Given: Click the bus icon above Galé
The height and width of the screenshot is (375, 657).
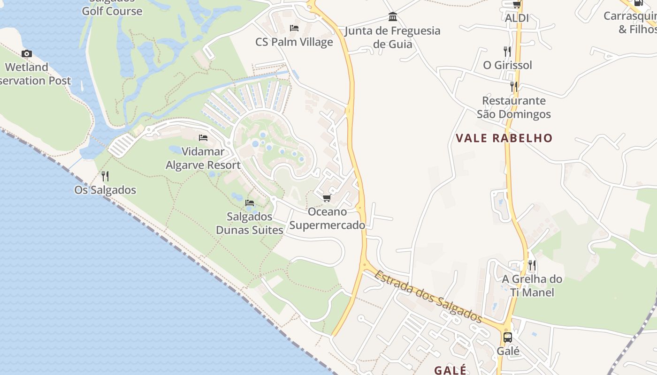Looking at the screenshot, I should (508, 337).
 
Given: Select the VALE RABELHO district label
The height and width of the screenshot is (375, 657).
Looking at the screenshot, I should (504, 138).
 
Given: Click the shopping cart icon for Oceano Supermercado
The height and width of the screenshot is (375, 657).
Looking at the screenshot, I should (327, 198).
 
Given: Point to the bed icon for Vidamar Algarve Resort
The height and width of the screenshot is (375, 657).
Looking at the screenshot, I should (203, 137).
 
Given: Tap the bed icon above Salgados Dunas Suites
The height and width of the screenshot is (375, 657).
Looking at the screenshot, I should (250, 203).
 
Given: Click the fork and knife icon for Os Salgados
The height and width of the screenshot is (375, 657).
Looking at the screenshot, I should (105, 176).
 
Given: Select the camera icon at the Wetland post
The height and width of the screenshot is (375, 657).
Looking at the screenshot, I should (27, 53).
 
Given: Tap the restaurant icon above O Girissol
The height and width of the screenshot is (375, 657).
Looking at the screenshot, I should (507, 51).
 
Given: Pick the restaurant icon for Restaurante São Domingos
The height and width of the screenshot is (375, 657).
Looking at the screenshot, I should (514, 87).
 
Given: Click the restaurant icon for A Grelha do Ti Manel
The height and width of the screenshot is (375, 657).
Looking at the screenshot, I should (532, 265).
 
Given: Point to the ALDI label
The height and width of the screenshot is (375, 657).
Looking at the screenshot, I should (517, 18).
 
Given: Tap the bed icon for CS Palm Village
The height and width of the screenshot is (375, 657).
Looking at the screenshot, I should (294, 28).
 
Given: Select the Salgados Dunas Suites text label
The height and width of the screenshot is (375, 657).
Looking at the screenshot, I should (250, 223).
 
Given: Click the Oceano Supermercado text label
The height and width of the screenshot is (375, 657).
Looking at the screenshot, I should (327, 218).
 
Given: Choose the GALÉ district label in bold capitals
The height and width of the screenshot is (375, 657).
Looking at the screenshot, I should (450, 370).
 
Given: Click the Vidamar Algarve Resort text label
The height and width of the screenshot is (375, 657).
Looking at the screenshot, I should (203, 158).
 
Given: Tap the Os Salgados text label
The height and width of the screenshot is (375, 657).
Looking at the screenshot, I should (105, 190).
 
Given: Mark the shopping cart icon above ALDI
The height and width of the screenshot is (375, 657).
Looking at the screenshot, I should (517, 5).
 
